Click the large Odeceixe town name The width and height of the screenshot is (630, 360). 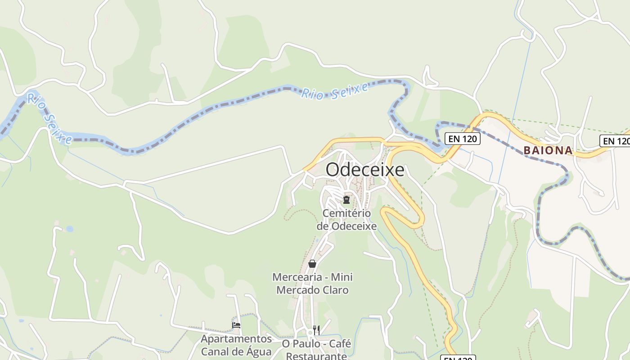coord(365,170)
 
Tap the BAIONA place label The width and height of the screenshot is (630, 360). coord(548,151)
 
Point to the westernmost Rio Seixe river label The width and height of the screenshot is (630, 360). coord(49,118)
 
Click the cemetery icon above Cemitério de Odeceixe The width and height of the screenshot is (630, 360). coord(346,199)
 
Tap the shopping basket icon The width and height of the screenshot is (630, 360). coord(312,264)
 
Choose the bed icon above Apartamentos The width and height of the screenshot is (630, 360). coord(236,325)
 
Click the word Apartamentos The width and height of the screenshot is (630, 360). coord(236,339)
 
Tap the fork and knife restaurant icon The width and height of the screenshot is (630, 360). coord(316,330)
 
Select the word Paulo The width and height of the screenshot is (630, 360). coord(306,344)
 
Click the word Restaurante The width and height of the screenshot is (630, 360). coord(316,356)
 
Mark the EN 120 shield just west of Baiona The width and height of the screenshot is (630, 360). coord(463,139)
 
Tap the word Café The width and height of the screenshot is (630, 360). coord(340,344)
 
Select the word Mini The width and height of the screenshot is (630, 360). coord(342,277)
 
